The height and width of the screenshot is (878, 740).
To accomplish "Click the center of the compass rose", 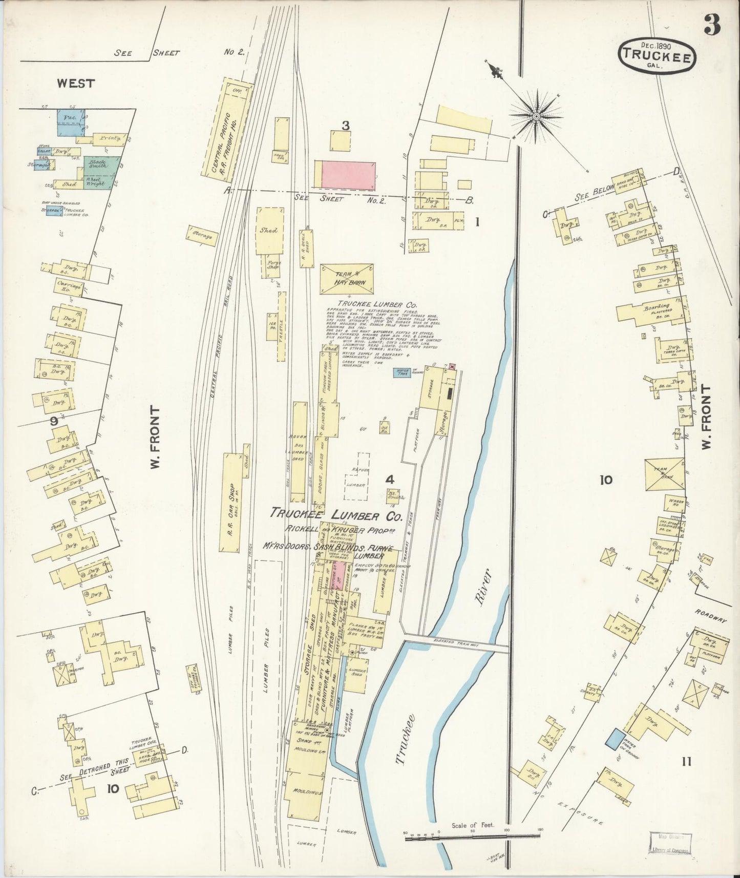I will pos(536,117).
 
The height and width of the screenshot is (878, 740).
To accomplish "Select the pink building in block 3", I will pos(348,175).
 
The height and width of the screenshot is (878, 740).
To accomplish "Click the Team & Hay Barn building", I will pos(347,279).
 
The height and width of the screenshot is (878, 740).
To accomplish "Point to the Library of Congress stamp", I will pos(670,843).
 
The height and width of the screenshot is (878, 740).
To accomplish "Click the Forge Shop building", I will pos(273,266).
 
